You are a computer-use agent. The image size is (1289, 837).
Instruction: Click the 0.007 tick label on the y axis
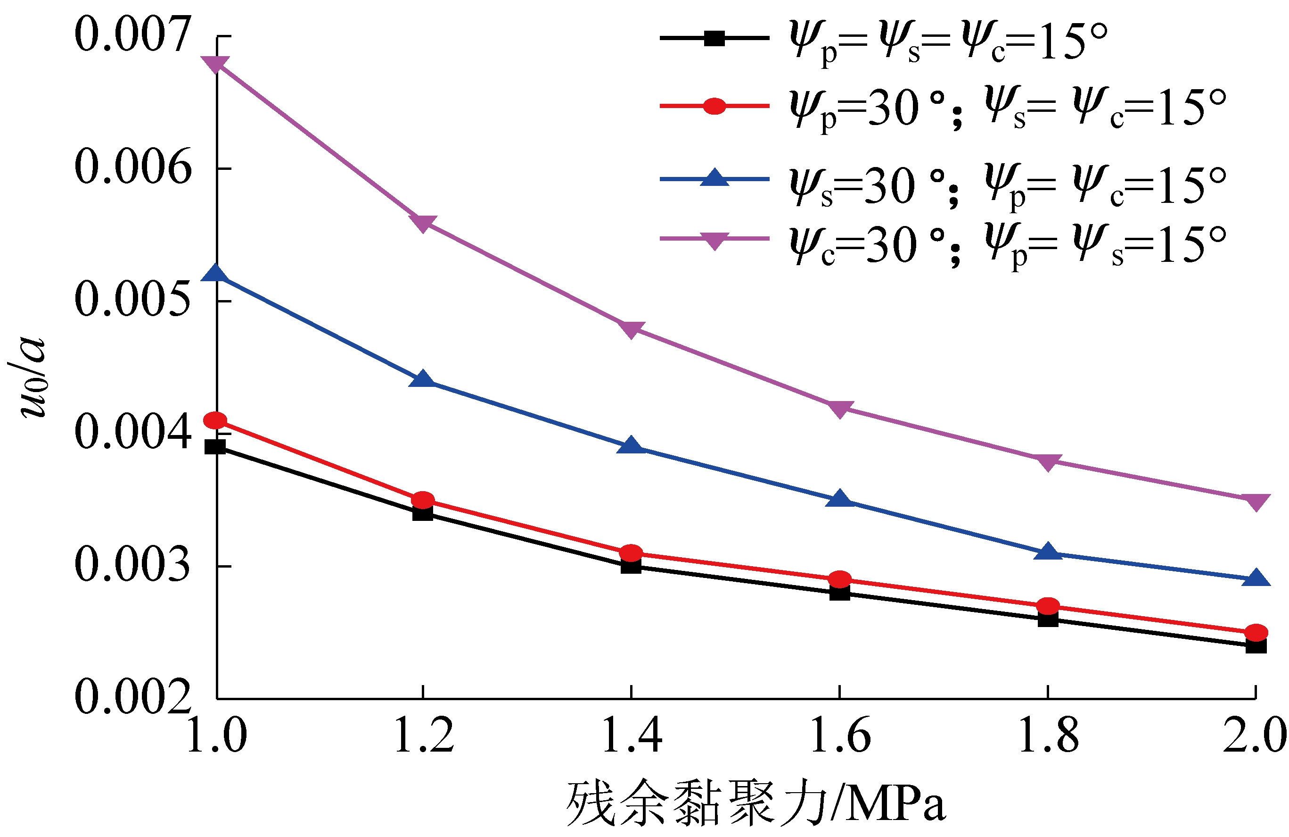133,35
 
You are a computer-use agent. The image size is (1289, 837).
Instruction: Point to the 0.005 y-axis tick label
133,300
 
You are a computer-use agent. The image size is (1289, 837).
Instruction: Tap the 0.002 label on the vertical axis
133,697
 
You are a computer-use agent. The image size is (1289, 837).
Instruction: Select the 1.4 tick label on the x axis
632,736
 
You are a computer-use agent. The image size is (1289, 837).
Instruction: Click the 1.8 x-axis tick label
1048,736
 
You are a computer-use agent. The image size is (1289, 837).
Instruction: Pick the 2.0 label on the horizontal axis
1254,736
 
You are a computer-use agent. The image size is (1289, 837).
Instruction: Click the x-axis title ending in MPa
755,804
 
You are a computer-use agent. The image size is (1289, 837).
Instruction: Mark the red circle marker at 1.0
215,420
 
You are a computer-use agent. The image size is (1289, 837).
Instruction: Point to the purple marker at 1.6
839,408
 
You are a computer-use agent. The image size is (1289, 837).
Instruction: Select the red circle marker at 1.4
632,553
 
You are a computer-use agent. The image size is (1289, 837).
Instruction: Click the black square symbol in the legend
714,38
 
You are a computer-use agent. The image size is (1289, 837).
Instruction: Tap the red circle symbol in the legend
714,106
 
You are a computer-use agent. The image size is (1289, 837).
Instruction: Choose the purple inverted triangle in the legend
714,240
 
